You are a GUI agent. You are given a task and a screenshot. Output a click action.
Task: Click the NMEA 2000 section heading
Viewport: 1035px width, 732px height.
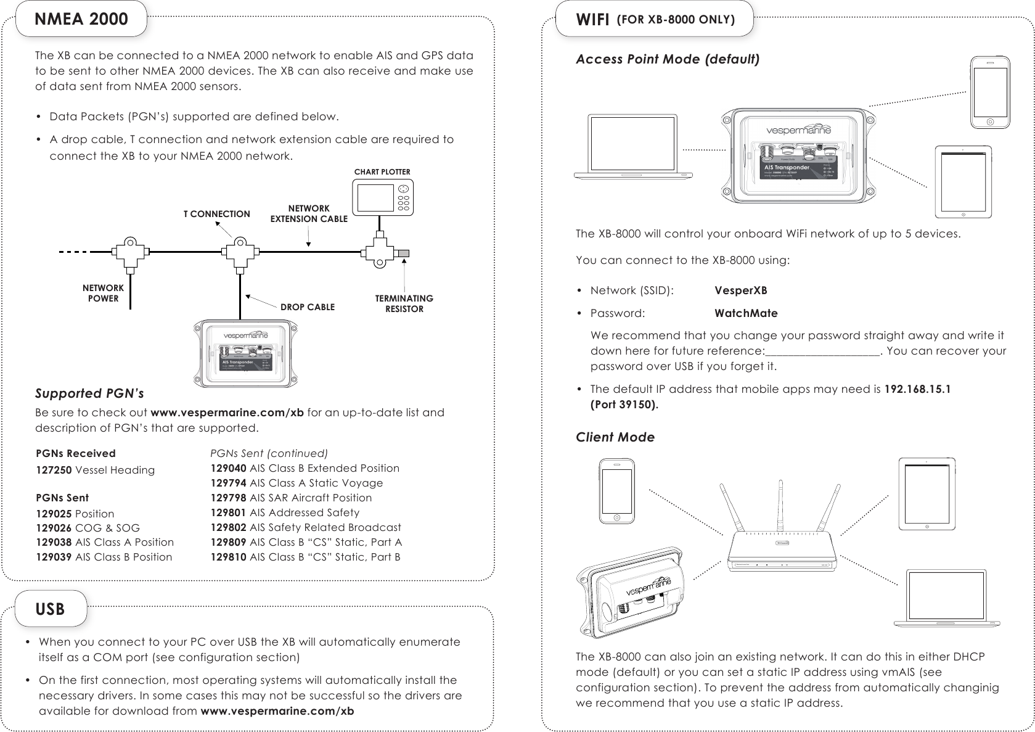coord(81,19)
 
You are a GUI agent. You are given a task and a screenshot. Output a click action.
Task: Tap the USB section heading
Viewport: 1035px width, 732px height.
coord(50,609)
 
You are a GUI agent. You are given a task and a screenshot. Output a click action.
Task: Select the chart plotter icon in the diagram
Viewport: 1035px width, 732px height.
coord(383,197)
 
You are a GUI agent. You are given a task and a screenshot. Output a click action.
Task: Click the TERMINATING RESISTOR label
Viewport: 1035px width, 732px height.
coord(404,303)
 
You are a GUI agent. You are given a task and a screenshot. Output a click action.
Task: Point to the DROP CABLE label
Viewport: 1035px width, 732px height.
coord(308,307)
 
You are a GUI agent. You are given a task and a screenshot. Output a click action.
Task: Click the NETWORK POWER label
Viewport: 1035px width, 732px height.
coord(103,293)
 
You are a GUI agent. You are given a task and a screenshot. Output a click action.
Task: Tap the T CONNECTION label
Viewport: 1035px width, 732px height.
coord(217,215)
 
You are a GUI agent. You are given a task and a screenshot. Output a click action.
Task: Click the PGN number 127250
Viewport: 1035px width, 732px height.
coord(54,470)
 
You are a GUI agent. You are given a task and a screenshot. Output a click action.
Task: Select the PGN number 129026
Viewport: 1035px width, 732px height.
coord(54,528)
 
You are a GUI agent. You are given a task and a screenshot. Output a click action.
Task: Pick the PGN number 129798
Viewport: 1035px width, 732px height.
coord(229,498)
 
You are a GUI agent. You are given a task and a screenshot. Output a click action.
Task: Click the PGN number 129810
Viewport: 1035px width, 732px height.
coord(229,557)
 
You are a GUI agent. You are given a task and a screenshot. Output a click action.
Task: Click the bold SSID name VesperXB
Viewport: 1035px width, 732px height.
coord(740,290)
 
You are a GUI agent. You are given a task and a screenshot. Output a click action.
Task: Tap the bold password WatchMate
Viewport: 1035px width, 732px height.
coord(746,313)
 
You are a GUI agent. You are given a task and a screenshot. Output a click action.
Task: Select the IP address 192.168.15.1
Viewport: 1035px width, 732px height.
coord(917,390)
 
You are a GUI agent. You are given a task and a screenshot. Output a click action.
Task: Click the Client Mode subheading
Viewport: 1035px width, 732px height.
coord(615,438)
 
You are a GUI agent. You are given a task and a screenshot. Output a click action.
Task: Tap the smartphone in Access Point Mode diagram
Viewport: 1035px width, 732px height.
coord(990,93)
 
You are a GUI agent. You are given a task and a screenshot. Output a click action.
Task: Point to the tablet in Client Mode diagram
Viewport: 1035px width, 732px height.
coord(927,493)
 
